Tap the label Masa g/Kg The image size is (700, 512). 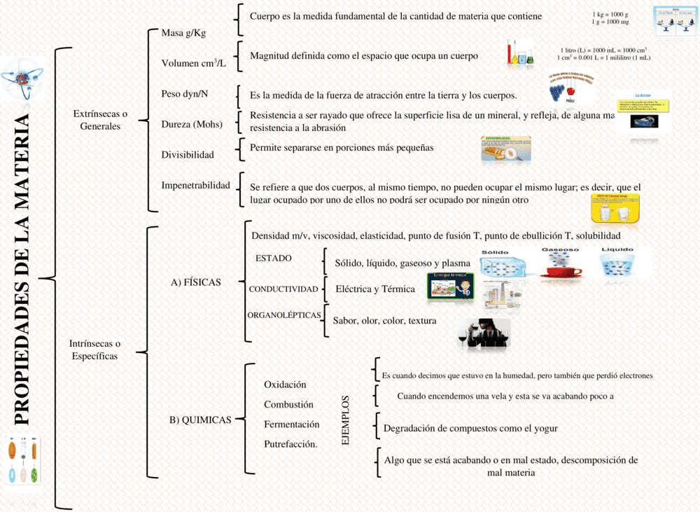(x=183, y=33)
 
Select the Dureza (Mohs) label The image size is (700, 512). (x=192, y=125)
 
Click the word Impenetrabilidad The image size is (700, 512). (x=195, y=185)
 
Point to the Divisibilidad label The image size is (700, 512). (x=188, y=154)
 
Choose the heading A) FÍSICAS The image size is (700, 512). (x=196, y=282)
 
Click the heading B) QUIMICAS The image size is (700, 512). (x=200, y=420)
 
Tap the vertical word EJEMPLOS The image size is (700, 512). (x=345, y=420)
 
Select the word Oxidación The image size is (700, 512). (x=285, y=385)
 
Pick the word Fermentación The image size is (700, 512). (x=291, y=424)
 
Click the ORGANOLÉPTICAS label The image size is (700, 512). (x=284, y=315)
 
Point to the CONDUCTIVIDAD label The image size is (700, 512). (x=283, y=289)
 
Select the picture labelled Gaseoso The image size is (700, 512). (x=559, y=264)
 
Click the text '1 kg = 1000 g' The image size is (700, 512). (x=610, y=14)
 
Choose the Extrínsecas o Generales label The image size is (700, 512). (x=100, y=120)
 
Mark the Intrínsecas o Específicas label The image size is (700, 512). (x=95, y=350)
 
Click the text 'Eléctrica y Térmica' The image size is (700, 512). (x=375, y=289)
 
